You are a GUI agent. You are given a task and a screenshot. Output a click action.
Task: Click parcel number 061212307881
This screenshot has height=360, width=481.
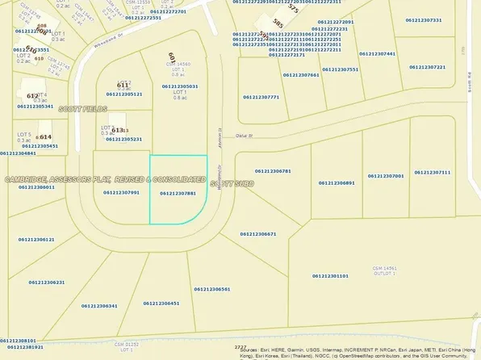[x=178, y=194]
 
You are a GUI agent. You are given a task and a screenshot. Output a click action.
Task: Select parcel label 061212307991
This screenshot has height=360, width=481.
[x=122, y=193]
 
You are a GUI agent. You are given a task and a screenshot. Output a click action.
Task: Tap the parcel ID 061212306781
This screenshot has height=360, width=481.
[x=273, y=171]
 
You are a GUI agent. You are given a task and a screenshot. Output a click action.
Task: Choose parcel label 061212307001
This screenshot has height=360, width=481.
[x=385, y=175]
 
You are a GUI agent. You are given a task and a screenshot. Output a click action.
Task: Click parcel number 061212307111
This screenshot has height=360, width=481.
[x=433, y=172]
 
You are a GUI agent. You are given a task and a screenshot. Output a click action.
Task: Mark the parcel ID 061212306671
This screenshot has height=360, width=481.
[x=258, y=234]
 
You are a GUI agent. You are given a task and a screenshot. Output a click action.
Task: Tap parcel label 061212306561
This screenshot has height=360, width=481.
[x=212, y=288]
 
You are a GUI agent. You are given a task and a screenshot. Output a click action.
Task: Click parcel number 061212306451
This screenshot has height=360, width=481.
[x=161, y=303]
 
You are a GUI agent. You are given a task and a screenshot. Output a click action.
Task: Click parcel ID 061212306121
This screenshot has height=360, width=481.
[x=35, y=240]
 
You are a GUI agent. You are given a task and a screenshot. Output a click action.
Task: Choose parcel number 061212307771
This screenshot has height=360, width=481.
[x=261, y=97]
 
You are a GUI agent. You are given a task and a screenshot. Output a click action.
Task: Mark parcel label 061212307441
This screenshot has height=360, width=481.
[x=378, y=53]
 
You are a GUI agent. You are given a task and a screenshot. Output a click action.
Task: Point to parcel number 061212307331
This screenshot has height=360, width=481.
[x=424, y=19]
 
